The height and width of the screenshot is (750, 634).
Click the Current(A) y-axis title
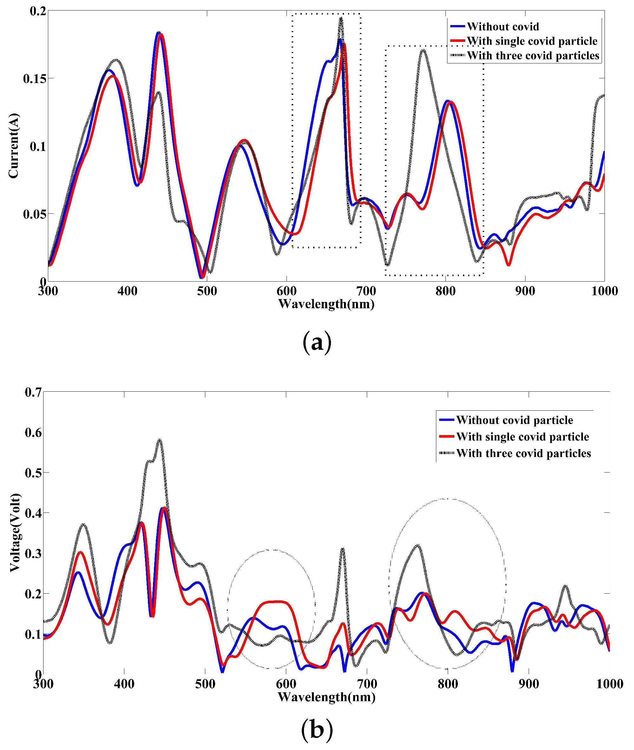14,146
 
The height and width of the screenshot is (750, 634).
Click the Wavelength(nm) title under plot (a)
326,304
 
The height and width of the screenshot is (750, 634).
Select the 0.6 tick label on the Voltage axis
33,433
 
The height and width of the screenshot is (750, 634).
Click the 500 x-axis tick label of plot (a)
207,290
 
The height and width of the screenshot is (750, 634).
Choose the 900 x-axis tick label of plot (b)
529,683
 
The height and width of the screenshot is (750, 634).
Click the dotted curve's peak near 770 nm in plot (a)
424,49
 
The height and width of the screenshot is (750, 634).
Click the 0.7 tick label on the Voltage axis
33,392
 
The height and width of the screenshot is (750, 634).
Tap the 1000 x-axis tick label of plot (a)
604,290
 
